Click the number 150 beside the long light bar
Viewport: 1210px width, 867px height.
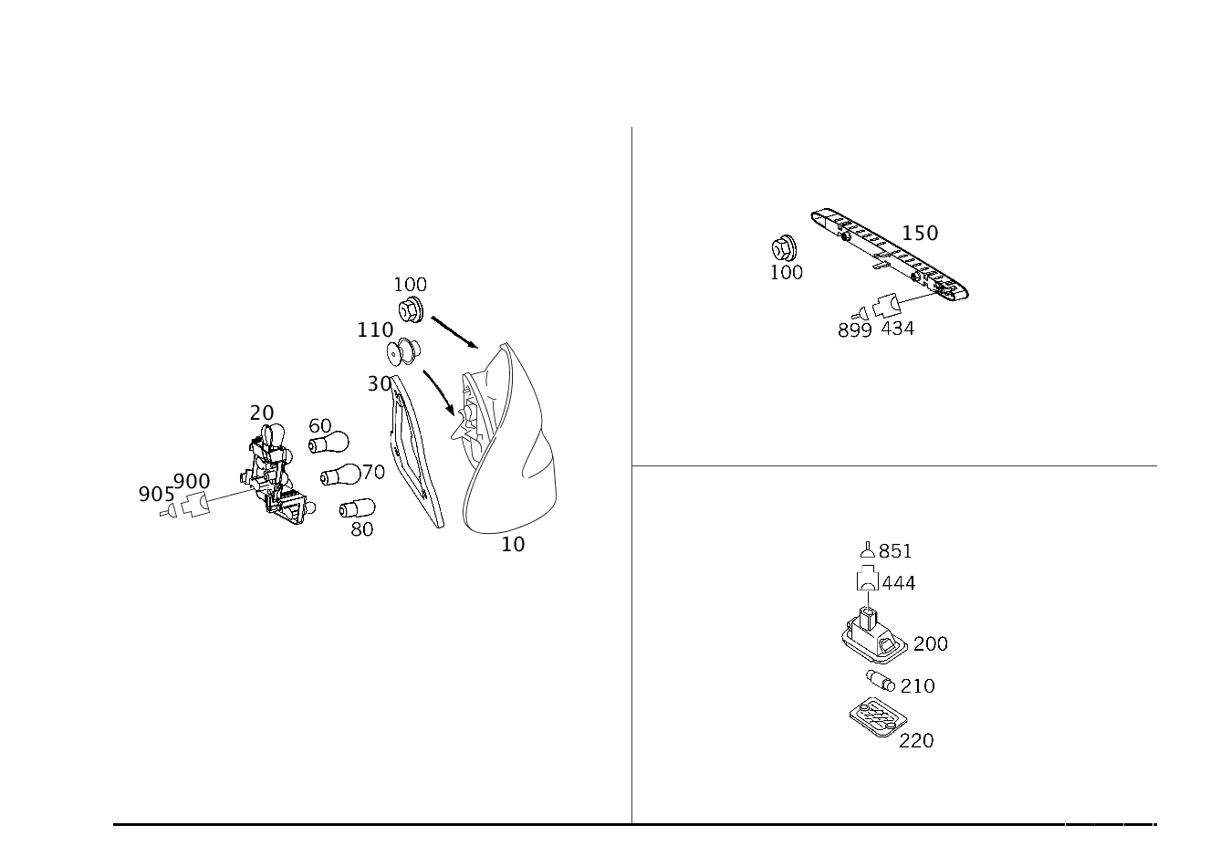point(920,234)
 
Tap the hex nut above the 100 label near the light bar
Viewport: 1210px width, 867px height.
point(785,248)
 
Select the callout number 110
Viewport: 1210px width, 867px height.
point(375,330)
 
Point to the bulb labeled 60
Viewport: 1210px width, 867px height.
point(329,444)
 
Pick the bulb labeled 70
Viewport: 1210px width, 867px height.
point(340,475)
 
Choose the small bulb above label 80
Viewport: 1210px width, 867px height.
point(357,508)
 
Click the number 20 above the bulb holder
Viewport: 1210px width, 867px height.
point(262,413)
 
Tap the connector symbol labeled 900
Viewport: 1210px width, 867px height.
point(195,505)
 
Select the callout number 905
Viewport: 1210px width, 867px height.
point(156,495)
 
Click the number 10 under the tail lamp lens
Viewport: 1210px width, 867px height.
point(513,545)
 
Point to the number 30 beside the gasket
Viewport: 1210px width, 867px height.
point(380,384)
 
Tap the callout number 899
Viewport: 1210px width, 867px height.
point(854,330)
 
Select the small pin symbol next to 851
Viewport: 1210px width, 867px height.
point(867,549)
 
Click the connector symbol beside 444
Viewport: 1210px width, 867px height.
point(867,578)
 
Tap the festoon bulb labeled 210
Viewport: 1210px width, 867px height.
point(880,681)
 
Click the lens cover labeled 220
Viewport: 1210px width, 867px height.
point(878,716)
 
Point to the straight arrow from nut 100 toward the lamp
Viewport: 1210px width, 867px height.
point(454,333)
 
